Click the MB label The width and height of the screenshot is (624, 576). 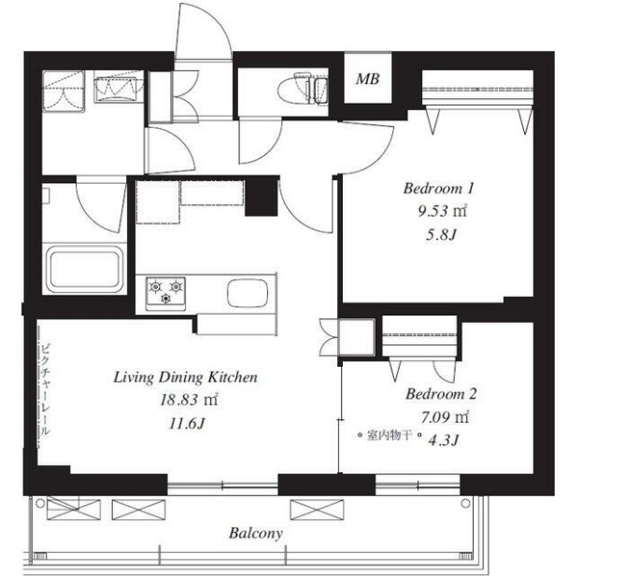click(368, 78)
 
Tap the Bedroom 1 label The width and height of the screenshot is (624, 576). click(439, 188)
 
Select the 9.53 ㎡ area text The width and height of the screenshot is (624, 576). click(442, 211)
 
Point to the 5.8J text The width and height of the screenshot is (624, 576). click(441, 234)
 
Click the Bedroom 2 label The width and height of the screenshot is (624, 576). click(441, 394)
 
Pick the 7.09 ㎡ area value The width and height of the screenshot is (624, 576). click(445, 417)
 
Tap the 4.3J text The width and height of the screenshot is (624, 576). click(444, 440)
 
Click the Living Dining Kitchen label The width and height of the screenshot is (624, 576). click(186, 377)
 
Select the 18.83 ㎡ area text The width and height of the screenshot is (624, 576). click(189, 400)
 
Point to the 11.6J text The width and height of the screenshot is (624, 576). click(187, 424)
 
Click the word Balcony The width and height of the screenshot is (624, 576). click(256, 533)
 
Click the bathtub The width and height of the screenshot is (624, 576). click(84, 270)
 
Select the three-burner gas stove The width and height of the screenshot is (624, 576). click(165, 293)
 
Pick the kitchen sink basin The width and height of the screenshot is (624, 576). click(248, 293)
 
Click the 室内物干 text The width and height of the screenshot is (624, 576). click(390, 435)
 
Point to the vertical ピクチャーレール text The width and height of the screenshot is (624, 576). click(46, 390)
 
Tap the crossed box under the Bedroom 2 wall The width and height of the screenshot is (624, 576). click(317, 510)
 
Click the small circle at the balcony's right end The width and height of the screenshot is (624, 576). click(465, 503)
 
